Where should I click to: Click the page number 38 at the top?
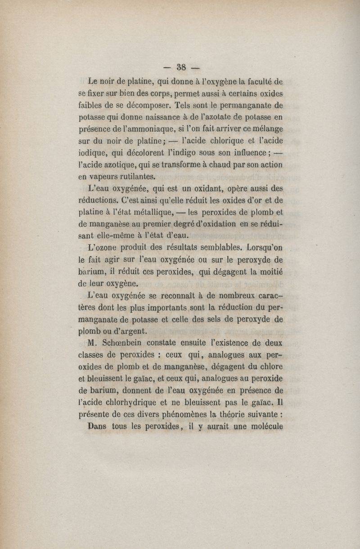coord(182,68)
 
